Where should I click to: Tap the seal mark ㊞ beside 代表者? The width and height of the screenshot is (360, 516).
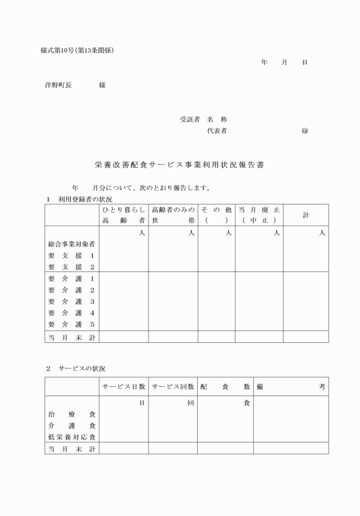click(x=305, y=131)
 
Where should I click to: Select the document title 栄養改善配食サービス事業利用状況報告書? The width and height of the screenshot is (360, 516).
click(x=179, y=165)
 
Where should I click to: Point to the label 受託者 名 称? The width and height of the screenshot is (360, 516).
click(x=204, y=120)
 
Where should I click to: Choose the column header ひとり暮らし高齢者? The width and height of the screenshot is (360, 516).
click(x=123, y=215)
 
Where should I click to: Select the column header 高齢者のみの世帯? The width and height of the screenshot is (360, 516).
click(x=173, y=215)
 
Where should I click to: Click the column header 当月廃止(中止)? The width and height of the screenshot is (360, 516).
click(x=259, y=215)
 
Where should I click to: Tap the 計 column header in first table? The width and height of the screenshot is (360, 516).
click(x=306, y=215)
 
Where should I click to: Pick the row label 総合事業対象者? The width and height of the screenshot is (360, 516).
click(x=71, y=244)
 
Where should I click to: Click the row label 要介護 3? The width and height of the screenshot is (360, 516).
click(x=71, y=302)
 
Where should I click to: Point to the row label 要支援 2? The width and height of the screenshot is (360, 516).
click(x=71, y=267)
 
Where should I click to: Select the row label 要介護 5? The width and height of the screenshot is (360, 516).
click(x=71, y=325)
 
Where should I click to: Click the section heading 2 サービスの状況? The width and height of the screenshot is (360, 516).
click(x=75, y=369)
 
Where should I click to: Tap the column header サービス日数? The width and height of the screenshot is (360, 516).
click(x=123, y=387)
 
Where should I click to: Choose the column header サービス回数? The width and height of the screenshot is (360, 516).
click(x=173, y=387)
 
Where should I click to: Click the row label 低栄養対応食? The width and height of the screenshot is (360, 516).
click(x=71, y=437)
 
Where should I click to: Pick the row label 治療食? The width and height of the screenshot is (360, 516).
click(x=71, y=414)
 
